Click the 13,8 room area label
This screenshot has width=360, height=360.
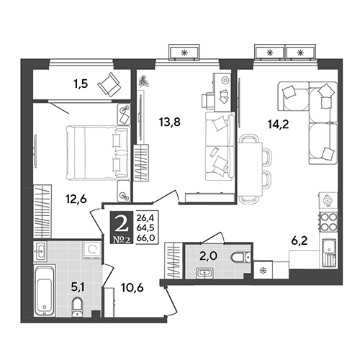pos(170,123)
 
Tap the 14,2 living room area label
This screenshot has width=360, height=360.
pos(278,124)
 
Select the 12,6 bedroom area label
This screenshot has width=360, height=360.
pos(76,199)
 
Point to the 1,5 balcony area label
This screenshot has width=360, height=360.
pos(80,84)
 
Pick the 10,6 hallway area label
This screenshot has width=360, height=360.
pos(133,287)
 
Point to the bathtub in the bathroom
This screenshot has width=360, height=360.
pos(44,290)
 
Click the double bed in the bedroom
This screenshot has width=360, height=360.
pos(98,152)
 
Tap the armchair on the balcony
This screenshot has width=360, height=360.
pos(109,84)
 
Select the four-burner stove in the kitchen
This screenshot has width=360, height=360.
pos(328,221)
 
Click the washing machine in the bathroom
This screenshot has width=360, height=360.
pos(91,249)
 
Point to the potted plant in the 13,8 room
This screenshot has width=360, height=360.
pos(144,81)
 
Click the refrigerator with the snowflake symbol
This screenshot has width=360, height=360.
pos(263,270)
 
